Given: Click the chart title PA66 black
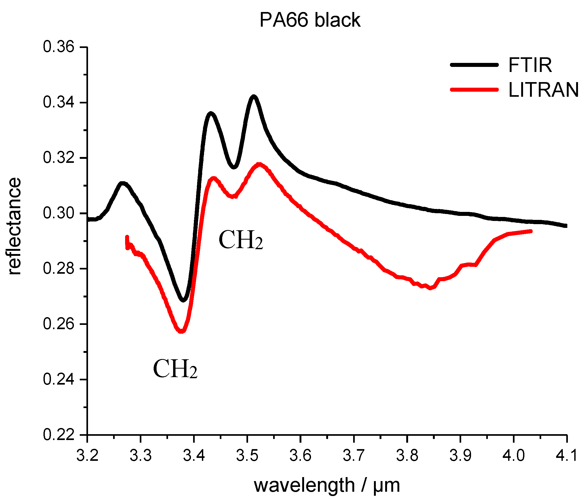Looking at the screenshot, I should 310,20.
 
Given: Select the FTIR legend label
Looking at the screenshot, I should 530,65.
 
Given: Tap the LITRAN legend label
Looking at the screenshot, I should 543,90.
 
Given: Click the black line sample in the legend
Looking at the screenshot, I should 474,65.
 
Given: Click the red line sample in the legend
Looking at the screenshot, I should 474,90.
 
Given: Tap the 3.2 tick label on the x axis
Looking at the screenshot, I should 87,456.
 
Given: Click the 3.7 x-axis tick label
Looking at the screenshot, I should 354,456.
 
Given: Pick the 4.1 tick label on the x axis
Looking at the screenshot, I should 567,456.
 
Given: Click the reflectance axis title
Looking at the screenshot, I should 14,226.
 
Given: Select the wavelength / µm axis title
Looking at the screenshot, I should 327,486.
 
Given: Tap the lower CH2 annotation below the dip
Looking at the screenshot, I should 175,369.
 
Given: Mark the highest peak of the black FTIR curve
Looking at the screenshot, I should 254,97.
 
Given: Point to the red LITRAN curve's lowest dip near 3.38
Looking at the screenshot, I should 181,331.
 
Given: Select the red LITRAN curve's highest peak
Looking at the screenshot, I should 259,164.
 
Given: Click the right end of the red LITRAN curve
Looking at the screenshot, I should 531,231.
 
